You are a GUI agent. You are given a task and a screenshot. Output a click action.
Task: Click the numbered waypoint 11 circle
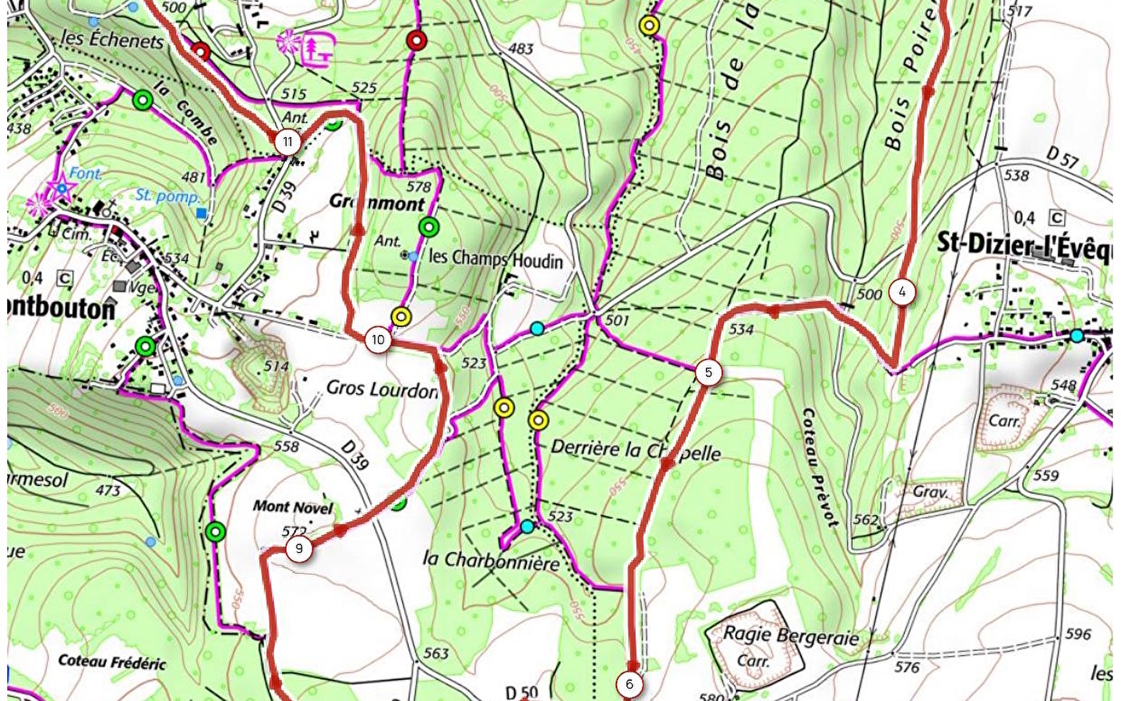coord(288,142)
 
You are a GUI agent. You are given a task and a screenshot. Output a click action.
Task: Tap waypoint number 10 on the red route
coord(378,340)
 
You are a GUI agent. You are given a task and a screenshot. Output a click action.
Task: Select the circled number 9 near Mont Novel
coord(299,548)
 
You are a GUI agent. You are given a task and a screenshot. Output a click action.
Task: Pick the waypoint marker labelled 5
coord(708,372)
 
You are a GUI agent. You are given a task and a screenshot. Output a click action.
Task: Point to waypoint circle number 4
coord(902,292)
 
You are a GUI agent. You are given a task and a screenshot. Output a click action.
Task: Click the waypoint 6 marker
coord(629,685)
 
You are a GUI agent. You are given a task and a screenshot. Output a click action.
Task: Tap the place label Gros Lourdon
coord(382,389)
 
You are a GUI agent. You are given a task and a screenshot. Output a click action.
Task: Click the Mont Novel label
coord(292,507)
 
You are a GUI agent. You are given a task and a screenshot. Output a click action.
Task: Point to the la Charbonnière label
coord(491,561)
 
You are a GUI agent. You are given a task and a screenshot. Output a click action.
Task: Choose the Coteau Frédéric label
coord(112,662)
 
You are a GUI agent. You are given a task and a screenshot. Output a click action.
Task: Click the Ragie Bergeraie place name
coord(791,635)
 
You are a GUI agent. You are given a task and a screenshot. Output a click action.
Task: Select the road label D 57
coord(1062,158)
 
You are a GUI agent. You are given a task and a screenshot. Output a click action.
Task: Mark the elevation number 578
coord(418,187)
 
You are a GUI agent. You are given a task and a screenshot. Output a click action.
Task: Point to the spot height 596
coord(1078,635)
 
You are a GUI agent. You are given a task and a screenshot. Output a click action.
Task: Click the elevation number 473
coord(108,490)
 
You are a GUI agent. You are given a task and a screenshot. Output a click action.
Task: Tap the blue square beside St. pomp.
coord(203,213)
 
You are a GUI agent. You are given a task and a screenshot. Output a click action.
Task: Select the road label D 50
coord(521,692)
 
